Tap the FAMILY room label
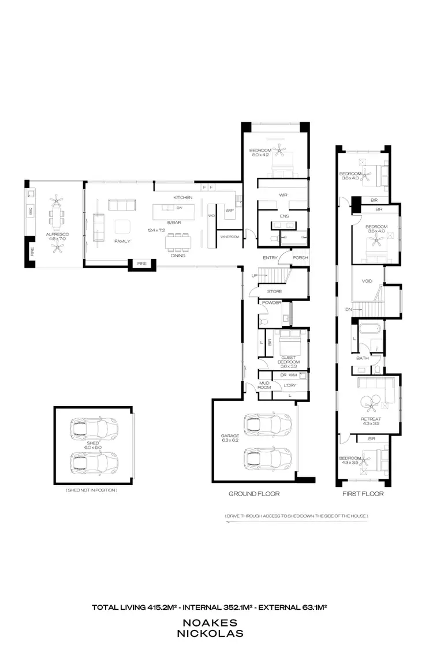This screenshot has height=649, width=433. pos(122,241)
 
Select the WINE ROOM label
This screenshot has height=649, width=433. pos(229,237)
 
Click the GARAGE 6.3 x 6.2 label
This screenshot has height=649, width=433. pos(229,438)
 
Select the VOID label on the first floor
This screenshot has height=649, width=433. pos(367,282)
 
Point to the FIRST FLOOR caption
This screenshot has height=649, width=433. pos(362,494)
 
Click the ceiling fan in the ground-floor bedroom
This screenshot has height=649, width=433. pos(281,151)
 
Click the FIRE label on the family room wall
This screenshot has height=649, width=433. pos(141,264)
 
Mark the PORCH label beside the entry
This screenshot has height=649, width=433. pos(300,258)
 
